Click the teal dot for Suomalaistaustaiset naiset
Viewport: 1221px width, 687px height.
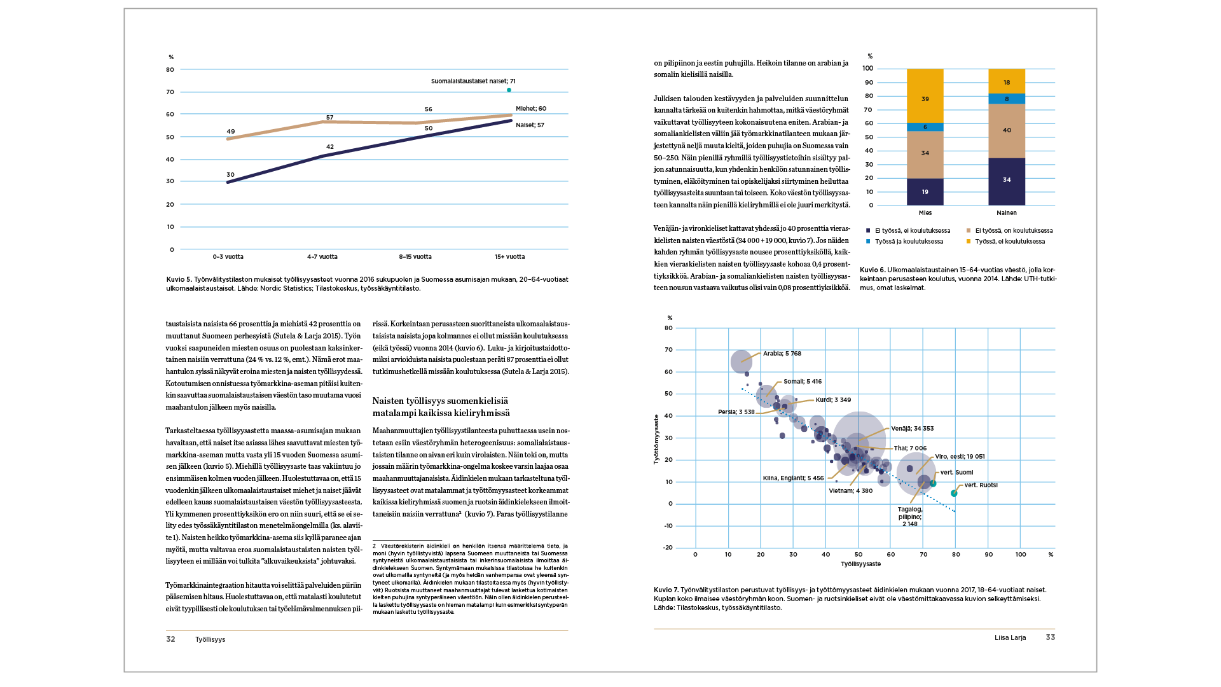[x=509, y=90]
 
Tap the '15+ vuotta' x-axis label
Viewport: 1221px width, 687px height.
[x=509, y=257]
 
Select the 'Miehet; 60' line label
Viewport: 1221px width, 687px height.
[x=530, y=109]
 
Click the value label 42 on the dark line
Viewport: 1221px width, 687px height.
[x=329, y=147]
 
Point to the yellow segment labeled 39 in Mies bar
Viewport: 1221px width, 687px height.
[x=925, y=99]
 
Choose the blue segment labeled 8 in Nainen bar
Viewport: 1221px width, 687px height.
[x=1006, y=99]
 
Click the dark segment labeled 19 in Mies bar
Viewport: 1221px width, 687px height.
[x=925, y=191]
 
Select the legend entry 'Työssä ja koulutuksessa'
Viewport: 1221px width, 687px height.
[x=909, y=242]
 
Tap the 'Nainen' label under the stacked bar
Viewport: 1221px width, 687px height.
[x=1006, y=213]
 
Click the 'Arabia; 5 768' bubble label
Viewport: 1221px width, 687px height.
[x=782, y=354]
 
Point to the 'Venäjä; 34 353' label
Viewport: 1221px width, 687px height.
[x=912, y=429]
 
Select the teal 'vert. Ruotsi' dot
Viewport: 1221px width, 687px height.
[x=954, y=493]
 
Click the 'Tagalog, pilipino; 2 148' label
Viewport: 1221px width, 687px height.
[x=909, y=517]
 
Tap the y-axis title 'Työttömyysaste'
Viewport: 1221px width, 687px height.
[x=656, y=439]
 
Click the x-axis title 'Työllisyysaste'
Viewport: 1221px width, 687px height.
[x=860, y=564]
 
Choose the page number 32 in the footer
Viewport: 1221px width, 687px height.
[x=170, y=639]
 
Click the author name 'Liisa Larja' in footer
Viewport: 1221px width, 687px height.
[x=1010, y=637]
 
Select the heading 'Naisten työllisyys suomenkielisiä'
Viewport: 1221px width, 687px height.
[x=440, y=401]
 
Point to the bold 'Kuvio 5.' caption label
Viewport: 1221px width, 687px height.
[x=179, y=279]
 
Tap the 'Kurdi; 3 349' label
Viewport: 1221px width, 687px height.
[x=832, y=400]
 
